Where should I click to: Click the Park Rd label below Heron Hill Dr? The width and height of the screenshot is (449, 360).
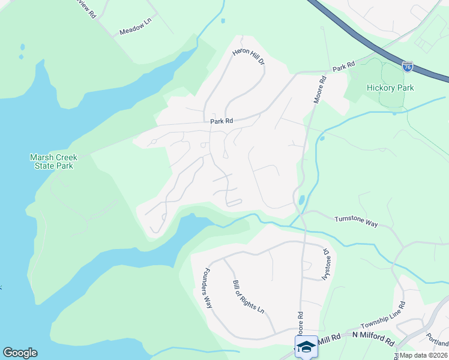pyautogui.click(x=221, y=121)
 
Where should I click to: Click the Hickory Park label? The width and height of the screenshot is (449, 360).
pyautogui.click(x=390, y=88)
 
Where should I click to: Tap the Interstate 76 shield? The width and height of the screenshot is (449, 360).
pyautogui.click(x=408, y=66)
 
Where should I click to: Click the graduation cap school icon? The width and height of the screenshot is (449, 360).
pyautogui.click(x=306, y=347)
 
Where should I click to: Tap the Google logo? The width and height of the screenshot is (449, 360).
pyautogui.click(x=20, y=353)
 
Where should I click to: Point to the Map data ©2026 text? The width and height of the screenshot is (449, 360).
pyautogui.click(x=423, y=355)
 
